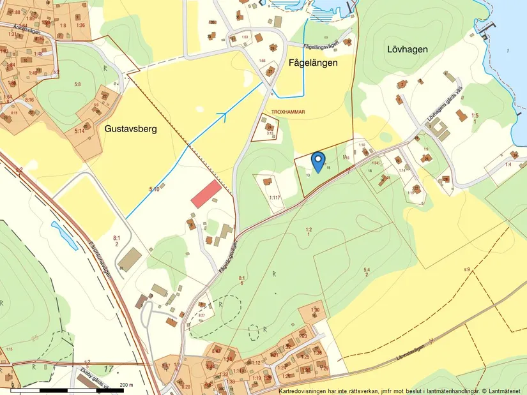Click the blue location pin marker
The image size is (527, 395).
317,161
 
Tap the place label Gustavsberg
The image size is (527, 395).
130,128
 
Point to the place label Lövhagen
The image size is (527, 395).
407,49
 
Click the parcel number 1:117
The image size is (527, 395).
275,198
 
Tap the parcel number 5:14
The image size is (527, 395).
79,130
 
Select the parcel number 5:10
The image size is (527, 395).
154,190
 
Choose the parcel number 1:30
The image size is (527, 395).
316,310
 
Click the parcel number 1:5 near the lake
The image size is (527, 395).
474,116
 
